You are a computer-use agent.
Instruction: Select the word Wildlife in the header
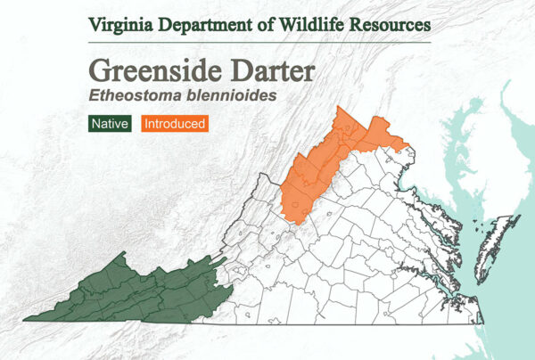317,23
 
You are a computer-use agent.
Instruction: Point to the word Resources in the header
392,23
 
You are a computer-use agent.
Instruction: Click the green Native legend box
110,124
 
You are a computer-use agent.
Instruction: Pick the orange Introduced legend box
175,124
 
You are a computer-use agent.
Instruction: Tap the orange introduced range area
321,169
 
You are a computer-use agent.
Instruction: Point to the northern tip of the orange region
340,108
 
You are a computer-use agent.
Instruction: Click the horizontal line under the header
259,41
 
